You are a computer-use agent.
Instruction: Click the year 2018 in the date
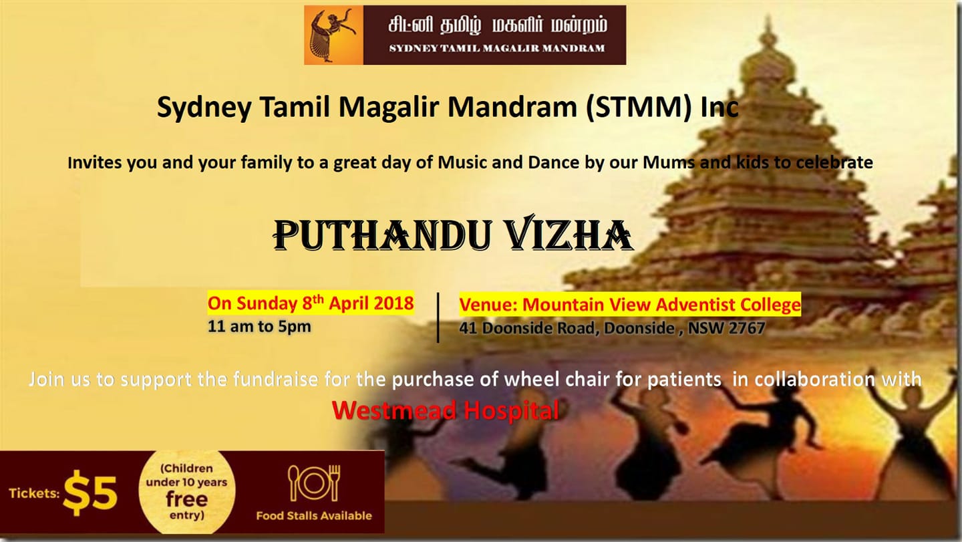pos(393,303)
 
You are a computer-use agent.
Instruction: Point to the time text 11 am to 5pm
pos(259,326)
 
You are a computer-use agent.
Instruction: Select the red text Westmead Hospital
pos(446,410)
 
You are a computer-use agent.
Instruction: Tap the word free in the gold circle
pos(186,499)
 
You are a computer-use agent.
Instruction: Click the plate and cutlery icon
pos(314,483)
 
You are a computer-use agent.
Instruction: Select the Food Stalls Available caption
pos(314,516)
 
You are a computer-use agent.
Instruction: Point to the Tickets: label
pos(34,493)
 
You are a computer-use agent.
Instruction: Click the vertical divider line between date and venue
pos(438,318)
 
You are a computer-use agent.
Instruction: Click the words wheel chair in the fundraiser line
pos(556,380)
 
